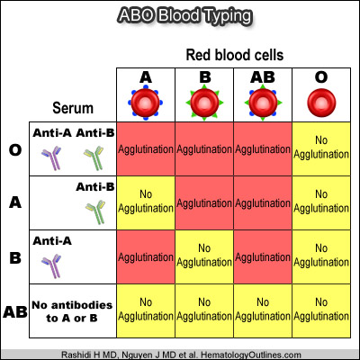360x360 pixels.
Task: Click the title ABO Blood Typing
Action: [x=185, y=16]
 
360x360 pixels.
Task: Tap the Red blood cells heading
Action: [x=235, y=55]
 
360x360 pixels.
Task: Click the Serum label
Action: [x=73, y=108]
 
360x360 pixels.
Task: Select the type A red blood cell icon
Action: [x=146, y=103]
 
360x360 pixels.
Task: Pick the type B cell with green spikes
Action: [x=204, y=103]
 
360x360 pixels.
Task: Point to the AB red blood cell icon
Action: [x=263, y=103]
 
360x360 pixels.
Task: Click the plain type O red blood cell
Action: [x=321, y=103]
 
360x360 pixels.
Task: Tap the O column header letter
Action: [x=321, y=77]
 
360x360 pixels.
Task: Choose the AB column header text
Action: [x=263, y=77]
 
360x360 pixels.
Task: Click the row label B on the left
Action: [x=15, y=257]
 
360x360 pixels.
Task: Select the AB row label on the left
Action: [x=15, y=311]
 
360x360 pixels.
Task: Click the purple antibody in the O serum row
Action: [x=51, y=158]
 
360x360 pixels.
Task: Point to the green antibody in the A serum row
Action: [x=95, y=212]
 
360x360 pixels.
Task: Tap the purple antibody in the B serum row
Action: [x=51, y=266]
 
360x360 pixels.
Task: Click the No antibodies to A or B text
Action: [x=72, y=311]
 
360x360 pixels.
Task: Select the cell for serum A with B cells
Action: [x=204, y=203]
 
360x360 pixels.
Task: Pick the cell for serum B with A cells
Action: [x=146, y=257]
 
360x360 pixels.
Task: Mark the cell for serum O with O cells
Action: [x=321, y=149]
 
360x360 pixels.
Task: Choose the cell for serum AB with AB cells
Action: [x=263, y=311]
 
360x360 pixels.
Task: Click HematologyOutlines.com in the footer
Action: [x=251, y=355]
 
